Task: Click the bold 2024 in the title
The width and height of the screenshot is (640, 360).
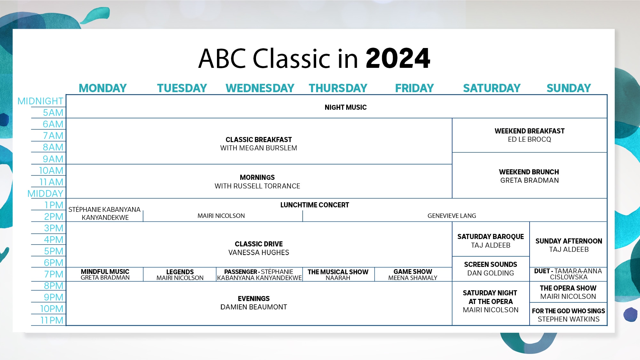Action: coord(398,59)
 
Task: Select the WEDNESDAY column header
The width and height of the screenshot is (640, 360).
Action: coord(260,88)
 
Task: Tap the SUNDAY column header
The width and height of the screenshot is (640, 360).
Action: coord(569,88)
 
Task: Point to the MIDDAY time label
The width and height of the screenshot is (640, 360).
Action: coord(45,194)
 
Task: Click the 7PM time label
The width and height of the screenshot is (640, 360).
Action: coord(54,274)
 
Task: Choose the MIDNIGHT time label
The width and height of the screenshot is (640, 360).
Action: coord(40,101)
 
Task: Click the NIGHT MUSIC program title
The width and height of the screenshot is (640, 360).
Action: coord(346,108)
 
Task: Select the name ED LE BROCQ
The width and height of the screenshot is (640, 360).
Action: coord(529,140)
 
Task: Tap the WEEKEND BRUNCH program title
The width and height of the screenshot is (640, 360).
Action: coord(529,172)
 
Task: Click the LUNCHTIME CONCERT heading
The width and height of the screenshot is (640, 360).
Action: coord(315,205)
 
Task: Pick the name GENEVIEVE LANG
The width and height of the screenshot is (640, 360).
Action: coord(452,216)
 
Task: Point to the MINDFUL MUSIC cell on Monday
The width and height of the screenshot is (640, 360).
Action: coord(105,275)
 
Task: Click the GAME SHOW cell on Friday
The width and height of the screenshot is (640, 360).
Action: coord(413,275)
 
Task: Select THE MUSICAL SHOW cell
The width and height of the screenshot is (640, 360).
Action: coord(338,275)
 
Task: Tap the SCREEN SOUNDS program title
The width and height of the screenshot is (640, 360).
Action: coord(491,265)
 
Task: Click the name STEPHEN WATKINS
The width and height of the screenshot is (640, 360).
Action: coord(568,319)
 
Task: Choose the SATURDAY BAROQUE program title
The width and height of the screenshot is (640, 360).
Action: coord(491,237)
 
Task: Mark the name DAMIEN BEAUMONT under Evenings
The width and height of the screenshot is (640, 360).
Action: coord(253,307)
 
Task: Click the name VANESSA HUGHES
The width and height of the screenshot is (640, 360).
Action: coord(259,253)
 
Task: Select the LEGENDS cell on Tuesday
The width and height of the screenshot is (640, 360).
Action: coord(180,275)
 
